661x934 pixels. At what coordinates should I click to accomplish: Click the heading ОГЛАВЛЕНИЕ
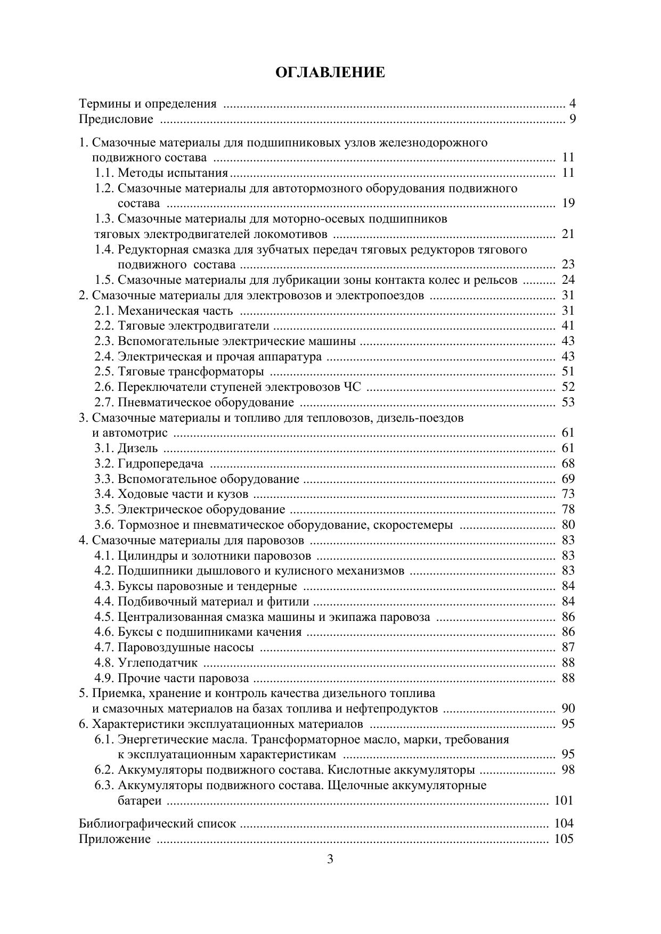tap(330, 72)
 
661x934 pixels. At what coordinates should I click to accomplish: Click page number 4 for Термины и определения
tap(572, 104)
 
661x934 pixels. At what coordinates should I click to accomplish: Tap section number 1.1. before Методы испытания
tap(104, 173)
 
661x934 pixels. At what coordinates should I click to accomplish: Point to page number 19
tap(568, 203)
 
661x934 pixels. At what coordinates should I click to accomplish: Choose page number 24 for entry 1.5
tap(568, 280)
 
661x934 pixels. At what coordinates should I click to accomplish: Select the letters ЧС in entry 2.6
tap(352, 387)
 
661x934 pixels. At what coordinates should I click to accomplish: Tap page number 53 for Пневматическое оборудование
tap(568, 403)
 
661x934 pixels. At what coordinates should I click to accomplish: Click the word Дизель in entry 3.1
tap(137, 448)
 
